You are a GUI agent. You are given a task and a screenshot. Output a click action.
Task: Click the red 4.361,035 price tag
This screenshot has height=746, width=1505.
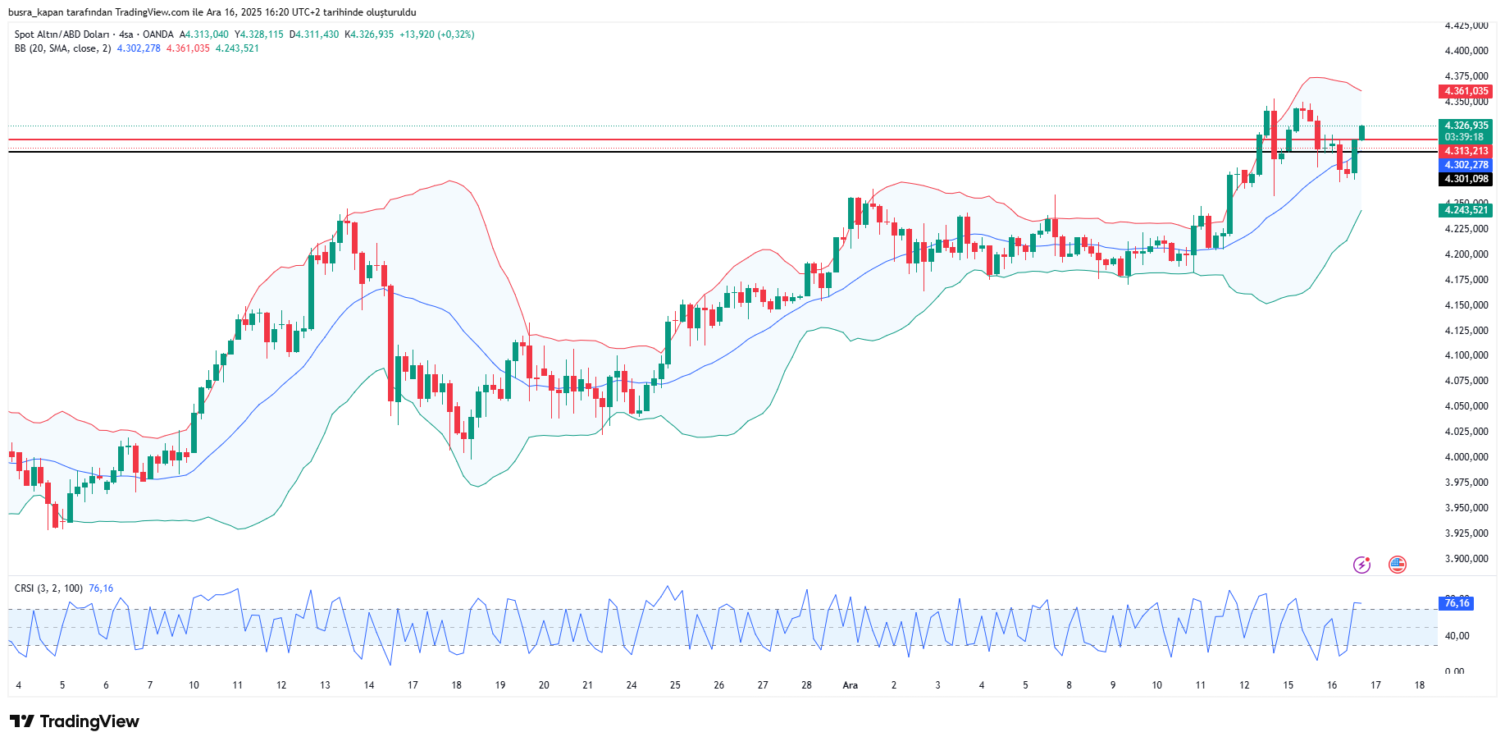click(x=1466, y=91)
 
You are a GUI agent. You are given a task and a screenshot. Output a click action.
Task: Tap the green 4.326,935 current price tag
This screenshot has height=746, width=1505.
click(x=1466, y=126)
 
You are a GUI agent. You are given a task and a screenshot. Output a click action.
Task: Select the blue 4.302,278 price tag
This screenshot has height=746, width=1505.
click(x=1466, y=165)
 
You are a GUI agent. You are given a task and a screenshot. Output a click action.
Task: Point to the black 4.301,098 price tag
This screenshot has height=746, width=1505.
click(x=1466, y=179)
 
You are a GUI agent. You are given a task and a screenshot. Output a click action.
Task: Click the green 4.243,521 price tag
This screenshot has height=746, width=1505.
click(x=1466, y=210)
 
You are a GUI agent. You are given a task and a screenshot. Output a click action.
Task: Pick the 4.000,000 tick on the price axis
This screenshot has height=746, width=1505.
click(x=1466, y=457)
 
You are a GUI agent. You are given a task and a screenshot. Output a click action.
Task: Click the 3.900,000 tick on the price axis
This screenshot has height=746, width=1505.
click(x=1466, y=559)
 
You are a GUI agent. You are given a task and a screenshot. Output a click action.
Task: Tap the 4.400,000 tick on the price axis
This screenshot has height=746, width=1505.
click(x=1466, y=51)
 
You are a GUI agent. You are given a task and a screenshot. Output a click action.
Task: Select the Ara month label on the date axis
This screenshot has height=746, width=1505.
click(x=851, y=685)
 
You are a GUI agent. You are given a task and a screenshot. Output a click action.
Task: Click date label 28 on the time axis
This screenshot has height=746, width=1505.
click(x=806, y=685)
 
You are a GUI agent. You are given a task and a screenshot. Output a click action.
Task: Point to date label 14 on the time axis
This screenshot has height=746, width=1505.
click(x=369, y=685)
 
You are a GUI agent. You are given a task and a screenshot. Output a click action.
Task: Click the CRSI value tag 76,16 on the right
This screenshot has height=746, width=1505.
click(x=1457, y=603)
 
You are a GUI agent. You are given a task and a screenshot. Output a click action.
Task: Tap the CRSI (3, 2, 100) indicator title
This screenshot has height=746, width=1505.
click(x=48, y=588)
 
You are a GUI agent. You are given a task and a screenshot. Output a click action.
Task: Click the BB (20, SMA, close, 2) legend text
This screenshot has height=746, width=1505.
click(x=62, y=48)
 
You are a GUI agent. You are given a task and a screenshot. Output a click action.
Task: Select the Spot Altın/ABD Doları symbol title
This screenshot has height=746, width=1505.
click(x=62, y=34)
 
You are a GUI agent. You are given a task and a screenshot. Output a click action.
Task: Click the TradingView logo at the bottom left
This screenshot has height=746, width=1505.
click(x=75, y=721)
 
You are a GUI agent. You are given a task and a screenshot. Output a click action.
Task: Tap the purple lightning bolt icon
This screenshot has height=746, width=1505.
click(x=1361, y=565)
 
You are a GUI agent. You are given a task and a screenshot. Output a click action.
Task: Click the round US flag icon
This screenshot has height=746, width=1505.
click(x=1398, y=565)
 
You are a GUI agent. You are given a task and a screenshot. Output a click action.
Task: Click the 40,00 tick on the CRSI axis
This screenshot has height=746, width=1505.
click(x=1457, y=636)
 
